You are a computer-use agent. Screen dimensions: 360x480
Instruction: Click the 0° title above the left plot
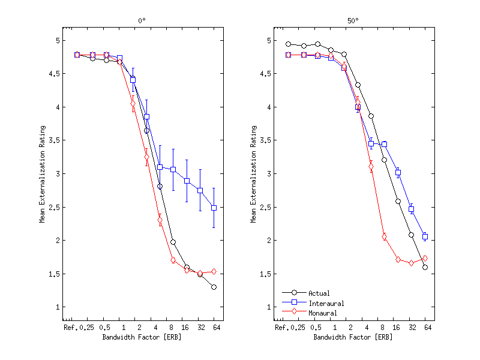coord(142,21)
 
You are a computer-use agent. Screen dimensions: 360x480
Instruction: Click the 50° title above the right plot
coord(354,21)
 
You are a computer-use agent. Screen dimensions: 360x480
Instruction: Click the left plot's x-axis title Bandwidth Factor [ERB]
coord(142,337)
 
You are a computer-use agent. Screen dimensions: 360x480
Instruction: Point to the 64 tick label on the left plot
coord(214,328)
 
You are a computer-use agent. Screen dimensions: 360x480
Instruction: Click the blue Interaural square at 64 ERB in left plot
coord(214,208)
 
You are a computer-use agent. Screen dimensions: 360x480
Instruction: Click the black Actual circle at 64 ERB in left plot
coord(214,287)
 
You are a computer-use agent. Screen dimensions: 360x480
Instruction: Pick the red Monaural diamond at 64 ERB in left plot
coord(214,272)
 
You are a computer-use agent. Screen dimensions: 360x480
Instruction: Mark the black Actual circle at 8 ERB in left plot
coord(173,242)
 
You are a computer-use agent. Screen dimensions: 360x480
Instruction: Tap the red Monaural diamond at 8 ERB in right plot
coord(384,236)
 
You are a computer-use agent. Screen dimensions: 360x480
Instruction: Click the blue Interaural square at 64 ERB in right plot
coord(425,236)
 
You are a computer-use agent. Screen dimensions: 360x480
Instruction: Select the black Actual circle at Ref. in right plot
coord(288,44)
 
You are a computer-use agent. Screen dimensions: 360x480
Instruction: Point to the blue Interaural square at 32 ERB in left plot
coord(200,190)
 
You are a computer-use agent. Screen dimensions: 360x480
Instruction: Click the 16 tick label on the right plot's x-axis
coord(397,328)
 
